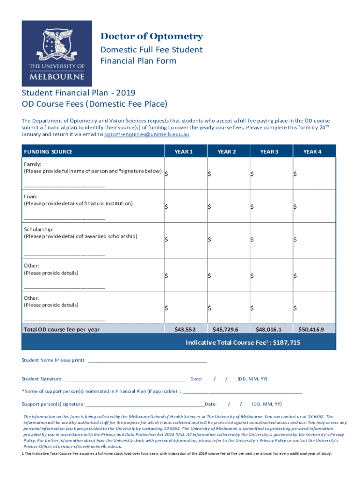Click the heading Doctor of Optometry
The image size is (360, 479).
[x=151, y=36]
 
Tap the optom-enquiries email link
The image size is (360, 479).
[x=146, y=134]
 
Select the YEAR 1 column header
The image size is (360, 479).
[x=184, y=151]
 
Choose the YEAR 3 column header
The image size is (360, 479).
[x=269, y=151]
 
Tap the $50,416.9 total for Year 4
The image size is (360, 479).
[x=311, y=329]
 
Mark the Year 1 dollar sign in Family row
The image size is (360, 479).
[x=167, y=174]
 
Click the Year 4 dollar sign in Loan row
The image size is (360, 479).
[x=295, y=206]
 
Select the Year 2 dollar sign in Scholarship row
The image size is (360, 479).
[x=210, y=239]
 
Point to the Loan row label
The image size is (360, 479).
[x=31, y=196]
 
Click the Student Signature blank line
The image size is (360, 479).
[x=125, y=379]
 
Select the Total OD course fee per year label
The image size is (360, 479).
[x=62, y=329]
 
